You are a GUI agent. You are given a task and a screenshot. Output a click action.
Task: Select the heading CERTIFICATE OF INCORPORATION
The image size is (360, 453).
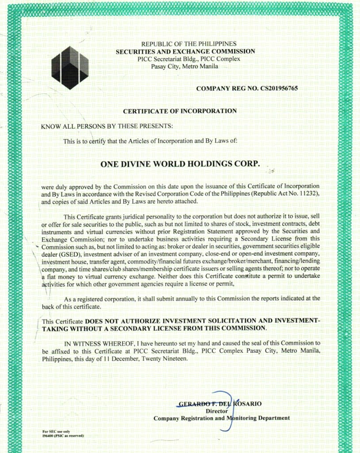(179, 111)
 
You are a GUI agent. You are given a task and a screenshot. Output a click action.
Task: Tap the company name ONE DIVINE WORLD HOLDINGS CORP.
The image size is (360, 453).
(180, 163)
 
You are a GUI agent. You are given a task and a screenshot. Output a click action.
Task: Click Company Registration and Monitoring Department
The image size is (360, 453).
(221, 418)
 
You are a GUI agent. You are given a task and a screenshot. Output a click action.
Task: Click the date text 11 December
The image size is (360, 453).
(125, 358)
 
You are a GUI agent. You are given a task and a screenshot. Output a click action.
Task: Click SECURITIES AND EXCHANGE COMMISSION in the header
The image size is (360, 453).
(186, 51)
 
